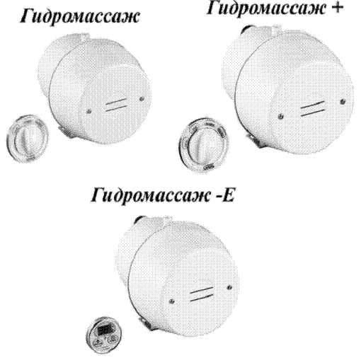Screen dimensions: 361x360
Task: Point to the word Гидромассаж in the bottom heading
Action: (150, 196)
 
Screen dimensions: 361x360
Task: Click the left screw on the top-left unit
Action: (88, 111)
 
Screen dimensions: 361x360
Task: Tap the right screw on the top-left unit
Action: (142, 99)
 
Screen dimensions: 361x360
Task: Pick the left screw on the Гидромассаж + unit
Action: (280, 116)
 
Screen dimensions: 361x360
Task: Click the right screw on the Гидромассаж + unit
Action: (343, 102)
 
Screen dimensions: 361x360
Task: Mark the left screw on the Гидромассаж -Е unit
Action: (172, 301)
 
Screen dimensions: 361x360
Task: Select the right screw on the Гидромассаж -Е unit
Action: (229, 287)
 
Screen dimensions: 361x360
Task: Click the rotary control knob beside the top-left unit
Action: (28, 139)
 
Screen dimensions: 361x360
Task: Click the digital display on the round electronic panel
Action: (104, 330)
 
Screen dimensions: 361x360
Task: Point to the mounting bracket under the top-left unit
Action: (65, 132)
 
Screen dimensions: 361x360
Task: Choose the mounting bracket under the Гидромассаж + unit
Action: (255, 140)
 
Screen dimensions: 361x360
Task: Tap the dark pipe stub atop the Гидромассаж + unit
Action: (246, 29)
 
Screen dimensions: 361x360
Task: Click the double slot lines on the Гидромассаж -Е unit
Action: (202, 294)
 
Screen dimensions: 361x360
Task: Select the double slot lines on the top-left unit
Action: (117, 105)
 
